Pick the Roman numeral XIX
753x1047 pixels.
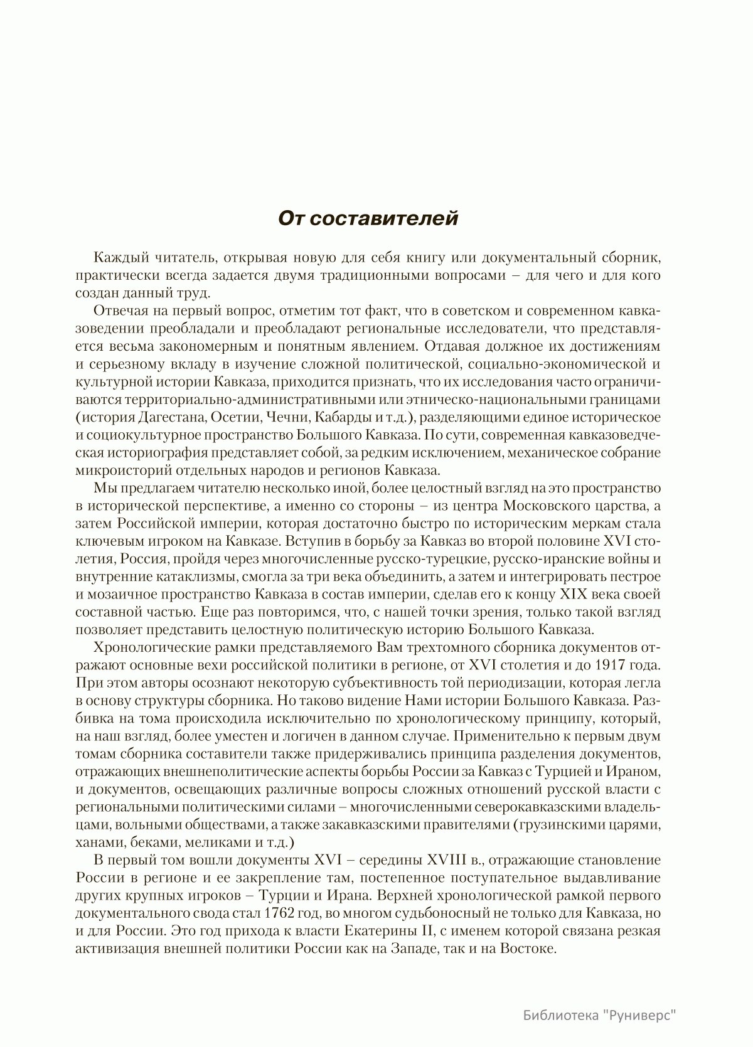(568, 593)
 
